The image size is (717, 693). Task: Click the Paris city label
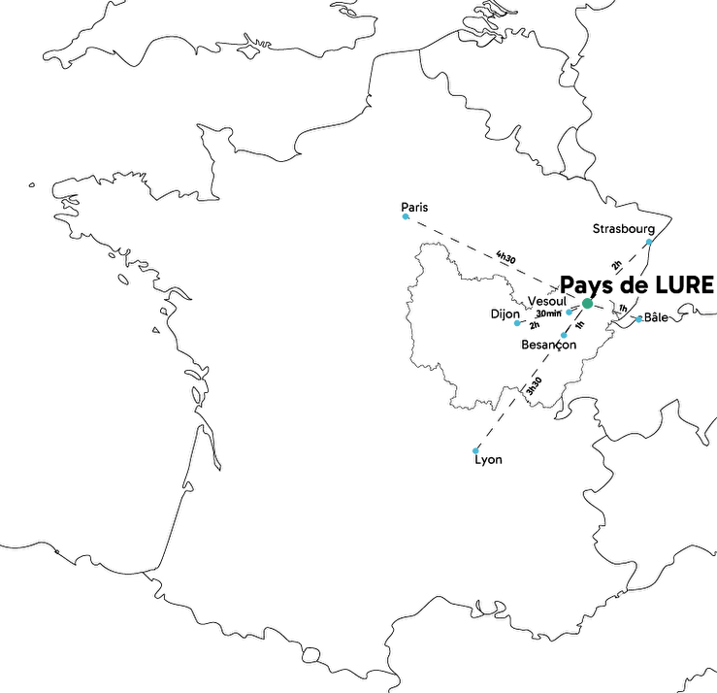point(414,207)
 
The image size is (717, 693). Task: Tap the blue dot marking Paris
point(405,216)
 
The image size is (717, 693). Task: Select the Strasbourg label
point(623,229)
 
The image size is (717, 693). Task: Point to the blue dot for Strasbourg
point(648,242)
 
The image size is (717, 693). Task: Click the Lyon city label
point(488,460)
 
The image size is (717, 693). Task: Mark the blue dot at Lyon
point(475,450)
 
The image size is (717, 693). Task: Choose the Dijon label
point(505,313)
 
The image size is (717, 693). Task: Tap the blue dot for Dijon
point(517,322)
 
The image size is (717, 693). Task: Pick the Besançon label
point(549,345)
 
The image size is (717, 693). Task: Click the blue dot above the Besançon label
point(564,336)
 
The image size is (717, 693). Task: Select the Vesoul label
point(546,301)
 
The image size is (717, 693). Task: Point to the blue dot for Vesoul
point(569,313)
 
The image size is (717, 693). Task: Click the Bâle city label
point(656,317)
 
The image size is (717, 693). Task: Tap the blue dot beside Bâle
point(637,318)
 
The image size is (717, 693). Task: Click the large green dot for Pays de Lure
point(587,305)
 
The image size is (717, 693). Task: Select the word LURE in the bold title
point(684,285)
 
